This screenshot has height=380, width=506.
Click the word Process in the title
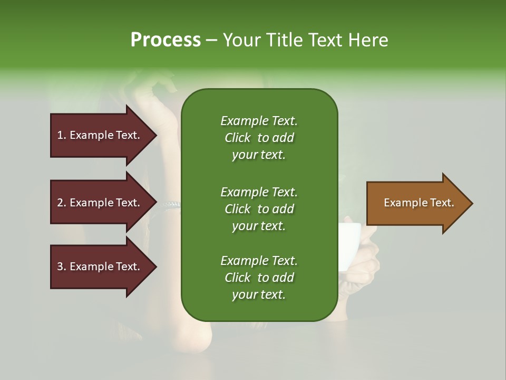[x=166, y=40]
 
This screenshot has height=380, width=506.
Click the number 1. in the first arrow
[x=62, y=135]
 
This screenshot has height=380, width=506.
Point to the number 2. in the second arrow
[x=62, y=203]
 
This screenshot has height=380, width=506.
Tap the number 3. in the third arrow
[x=62, y=267]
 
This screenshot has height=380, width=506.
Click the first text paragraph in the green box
[x=259, y=138]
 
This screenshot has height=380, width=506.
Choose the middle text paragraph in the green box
[x=259, y=208]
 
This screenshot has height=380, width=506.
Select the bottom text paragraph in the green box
[x=259, y=278]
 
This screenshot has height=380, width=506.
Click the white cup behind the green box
[x=349, y=245]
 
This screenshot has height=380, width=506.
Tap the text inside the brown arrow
[x=419, y=203]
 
